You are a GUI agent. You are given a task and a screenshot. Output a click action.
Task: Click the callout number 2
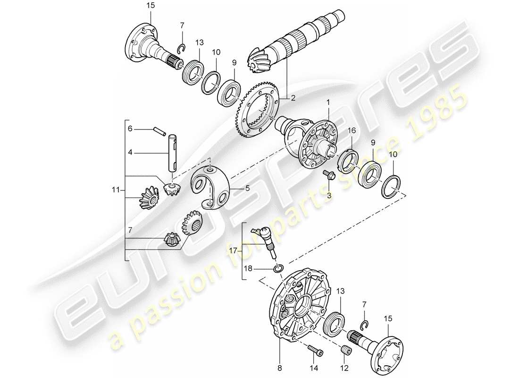(293, 98)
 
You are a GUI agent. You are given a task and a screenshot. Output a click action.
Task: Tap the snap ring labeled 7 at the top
(181, 48)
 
